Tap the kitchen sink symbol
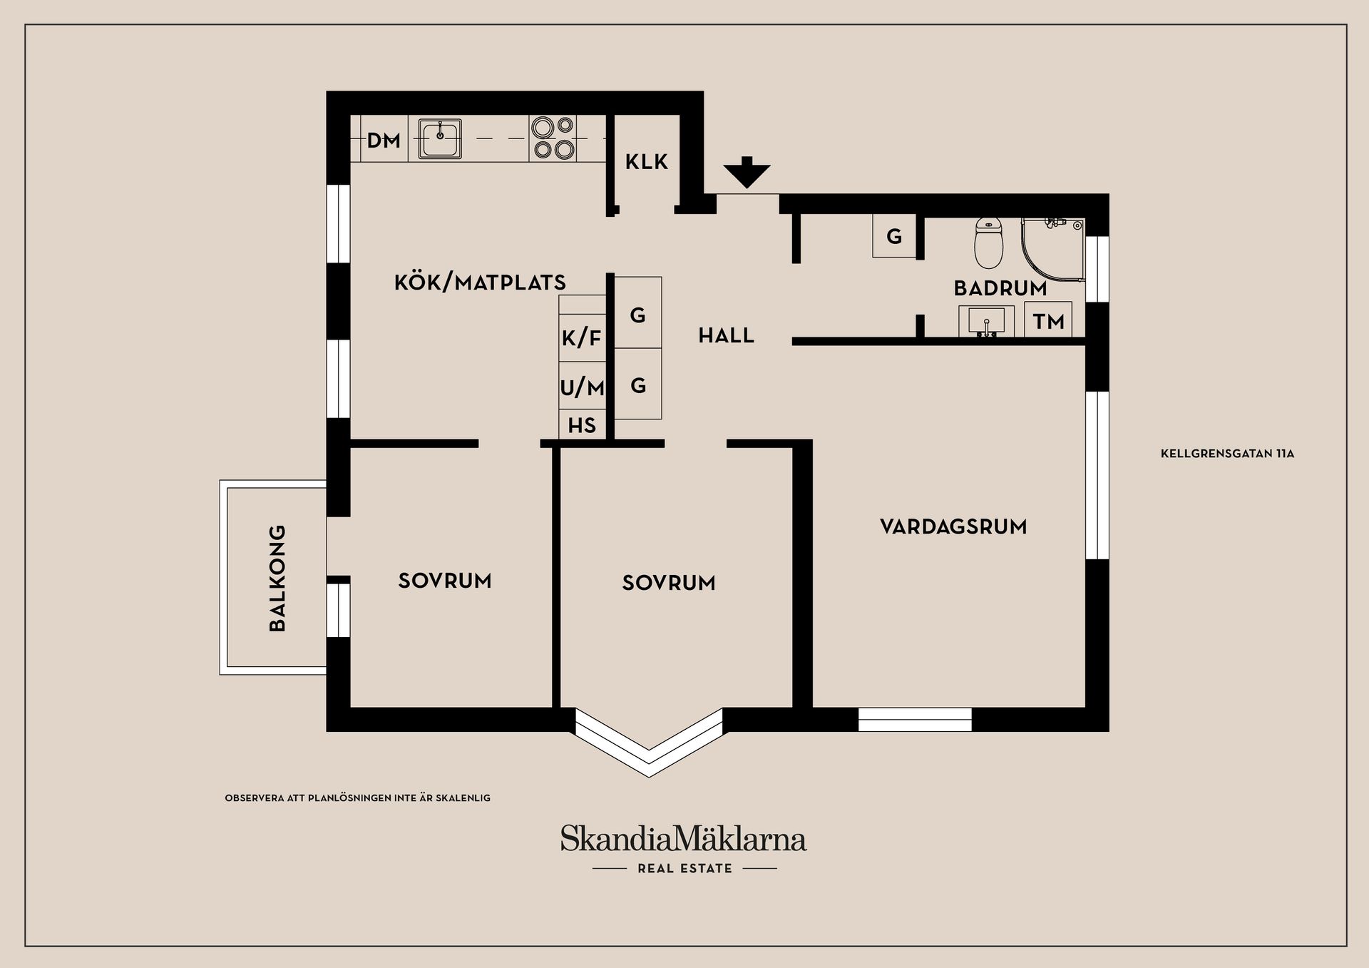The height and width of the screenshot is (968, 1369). click(x=439, y=138)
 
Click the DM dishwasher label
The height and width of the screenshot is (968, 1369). click(x=384, y=141)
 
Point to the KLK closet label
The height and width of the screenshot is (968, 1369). click(x=647, y=162)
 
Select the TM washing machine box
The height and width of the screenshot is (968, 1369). click(x=1048, y=321)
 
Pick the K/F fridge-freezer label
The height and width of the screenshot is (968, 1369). click(x=582, y=337)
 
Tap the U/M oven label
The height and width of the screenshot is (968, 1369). click(x=582, y=387)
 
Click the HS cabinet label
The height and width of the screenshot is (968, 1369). click(x=582, y=426)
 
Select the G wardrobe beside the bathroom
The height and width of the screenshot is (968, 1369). click(x=894, y=236)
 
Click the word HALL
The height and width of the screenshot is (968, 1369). click(x=726, y=335)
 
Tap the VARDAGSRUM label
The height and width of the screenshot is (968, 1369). click(x=953, y=527)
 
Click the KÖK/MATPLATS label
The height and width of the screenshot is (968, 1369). click(x=480, y=282)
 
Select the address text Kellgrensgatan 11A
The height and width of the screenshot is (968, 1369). click(x=1227, y=453)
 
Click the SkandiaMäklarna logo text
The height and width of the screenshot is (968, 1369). click(x=683, y=839)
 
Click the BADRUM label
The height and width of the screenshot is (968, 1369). click(x=1000, y=288)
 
